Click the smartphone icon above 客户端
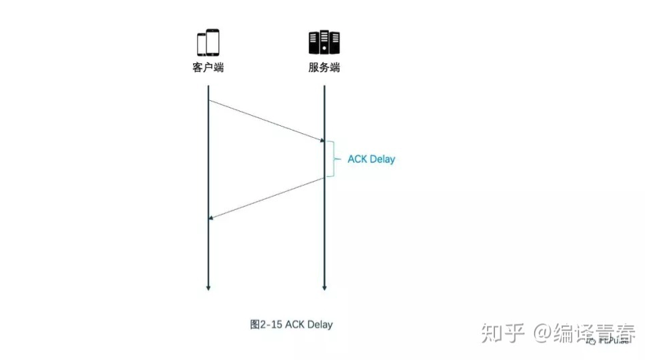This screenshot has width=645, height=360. [x=208, y=42]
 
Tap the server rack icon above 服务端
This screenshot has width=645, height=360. [x=324, y=42]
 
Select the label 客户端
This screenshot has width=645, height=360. [x=208, y=68]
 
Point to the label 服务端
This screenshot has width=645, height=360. [x=324, y=68]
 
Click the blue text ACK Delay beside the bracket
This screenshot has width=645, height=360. [x=371, y=159]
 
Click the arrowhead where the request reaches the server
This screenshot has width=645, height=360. [x=322, y=141]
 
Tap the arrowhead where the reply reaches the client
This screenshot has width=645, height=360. [x=211, y=218]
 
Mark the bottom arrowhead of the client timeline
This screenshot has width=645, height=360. [x=208, y=288]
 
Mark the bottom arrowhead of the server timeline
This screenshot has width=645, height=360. [x=324, y=288]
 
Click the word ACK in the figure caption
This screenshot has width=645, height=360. [x=295, y=324]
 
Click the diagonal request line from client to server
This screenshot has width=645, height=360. [x=266, y=120]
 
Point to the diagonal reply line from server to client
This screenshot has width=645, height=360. [x=268, y=198]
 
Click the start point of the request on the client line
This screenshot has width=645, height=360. [x=208, y=100]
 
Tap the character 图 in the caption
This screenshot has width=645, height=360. [x=255, y=324]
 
